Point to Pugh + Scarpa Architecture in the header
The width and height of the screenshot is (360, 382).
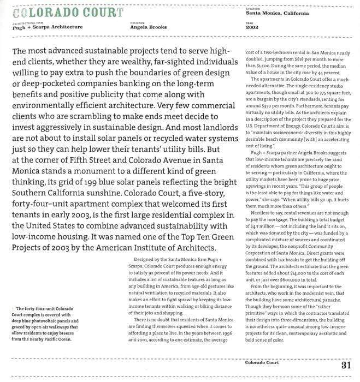[x=48, y=26]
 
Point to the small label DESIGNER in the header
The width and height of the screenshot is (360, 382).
[x=137, y=22]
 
